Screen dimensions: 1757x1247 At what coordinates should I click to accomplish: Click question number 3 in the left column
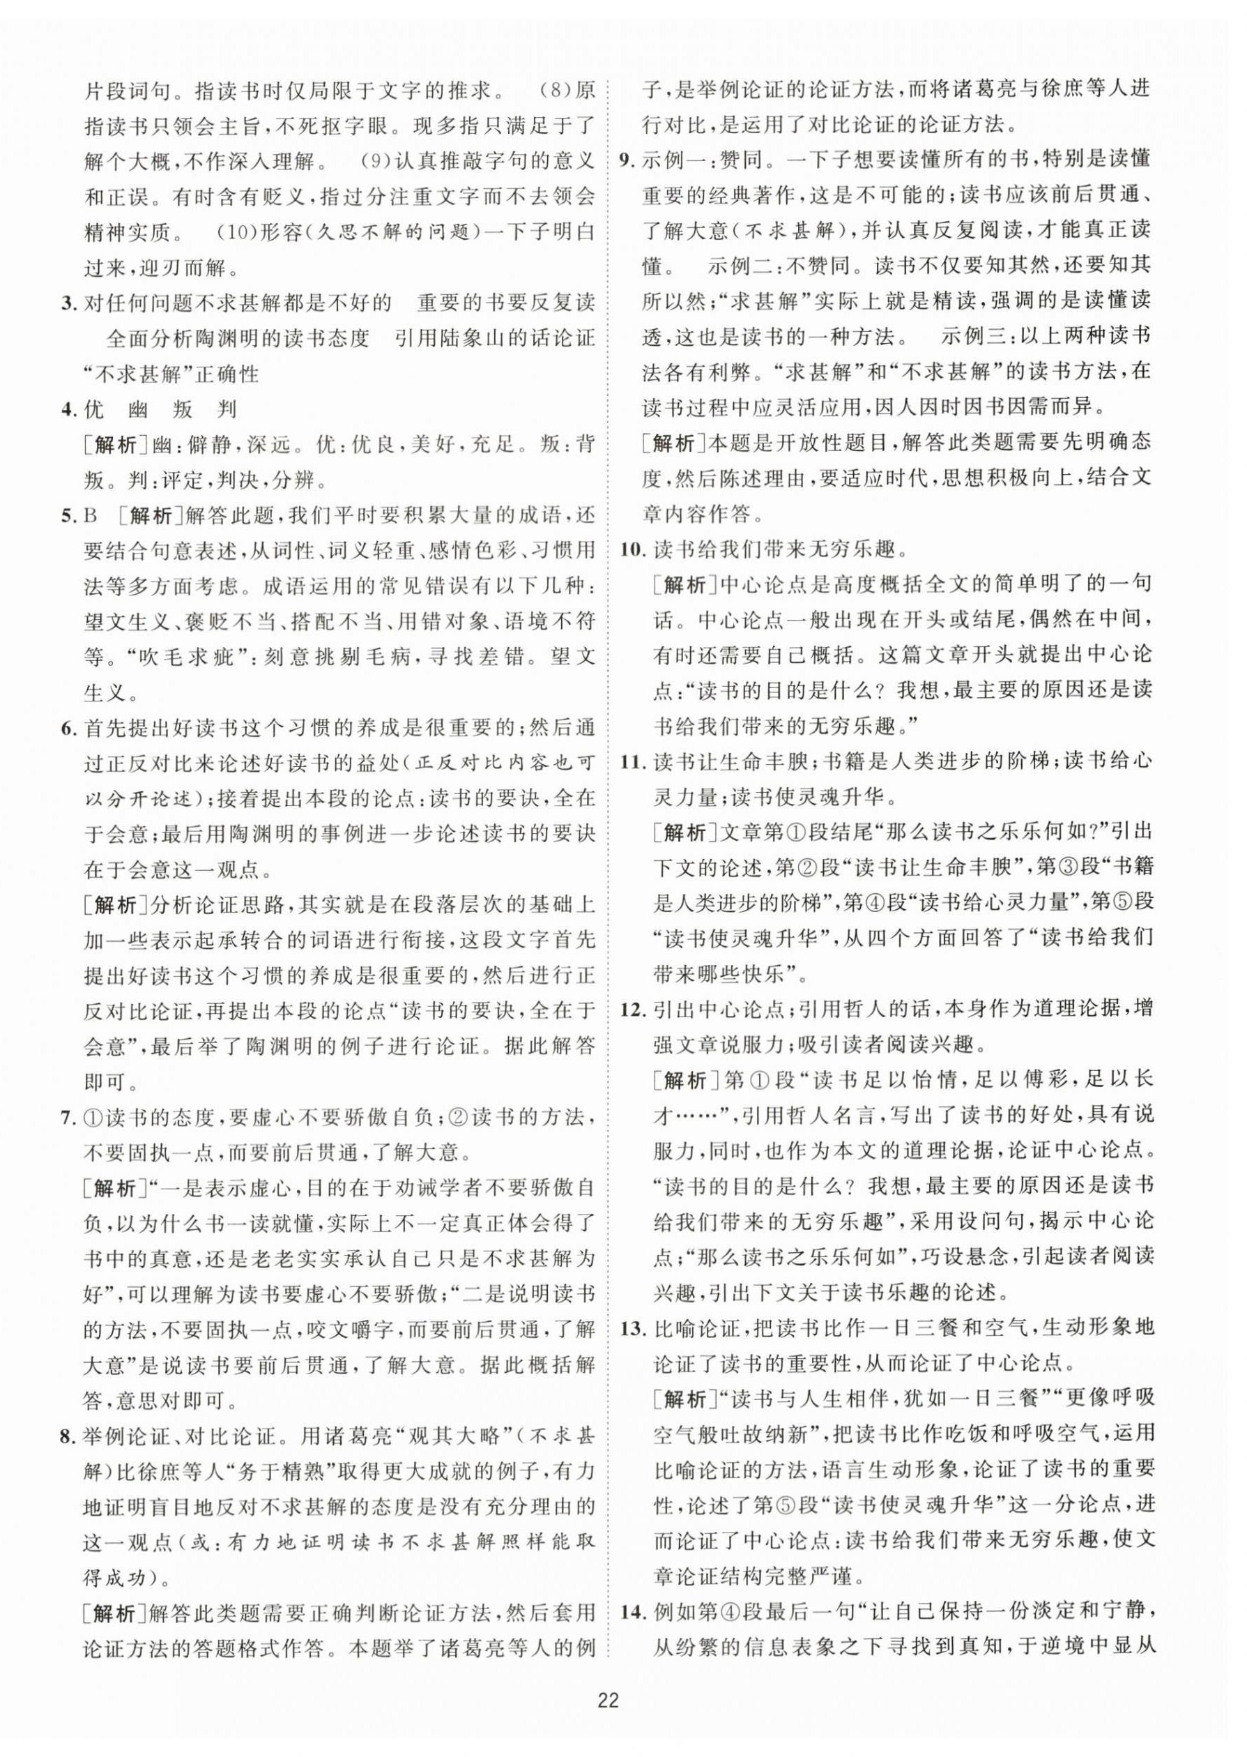[68, 303]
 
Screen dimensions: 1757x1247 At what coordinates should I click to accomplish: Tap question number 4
[68, 409]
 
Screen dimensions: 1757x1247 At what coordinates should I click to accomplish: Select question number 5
[68, 516]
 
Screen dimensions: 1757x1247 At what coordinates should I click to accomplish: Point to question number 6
[68, 727]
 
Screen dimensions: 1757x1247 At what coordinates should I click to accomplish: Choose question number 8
[68, 1436]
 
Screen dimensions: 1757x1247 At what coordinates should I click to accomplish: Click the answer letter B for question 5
[91, 516]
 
